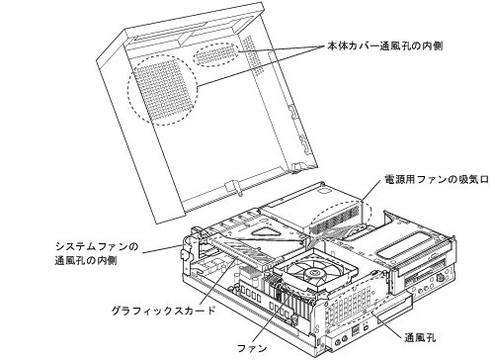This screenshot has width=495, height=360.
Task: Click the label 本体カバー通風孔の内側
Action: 384,45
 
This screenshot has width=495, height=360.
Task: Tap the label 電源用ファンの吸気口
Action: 437,179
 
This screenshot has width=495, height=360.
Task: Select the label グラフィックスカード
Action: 163,311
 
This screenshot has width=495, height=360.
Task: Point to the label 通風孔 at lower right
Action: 420,338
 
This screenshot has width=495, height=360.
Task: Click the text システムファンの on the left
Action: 97,246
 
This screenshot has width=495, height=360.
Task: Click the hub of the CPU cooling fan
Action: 312,273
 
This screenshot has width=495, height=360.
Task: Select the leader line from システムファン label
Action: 161,249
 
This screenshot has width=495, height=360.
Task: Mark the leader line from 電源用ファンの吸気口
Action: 371,192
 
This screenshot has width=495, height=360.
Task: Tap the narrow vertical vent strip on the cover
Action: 253,54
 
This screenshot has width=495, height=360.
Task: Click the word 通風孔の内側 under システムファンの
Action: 85,261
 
